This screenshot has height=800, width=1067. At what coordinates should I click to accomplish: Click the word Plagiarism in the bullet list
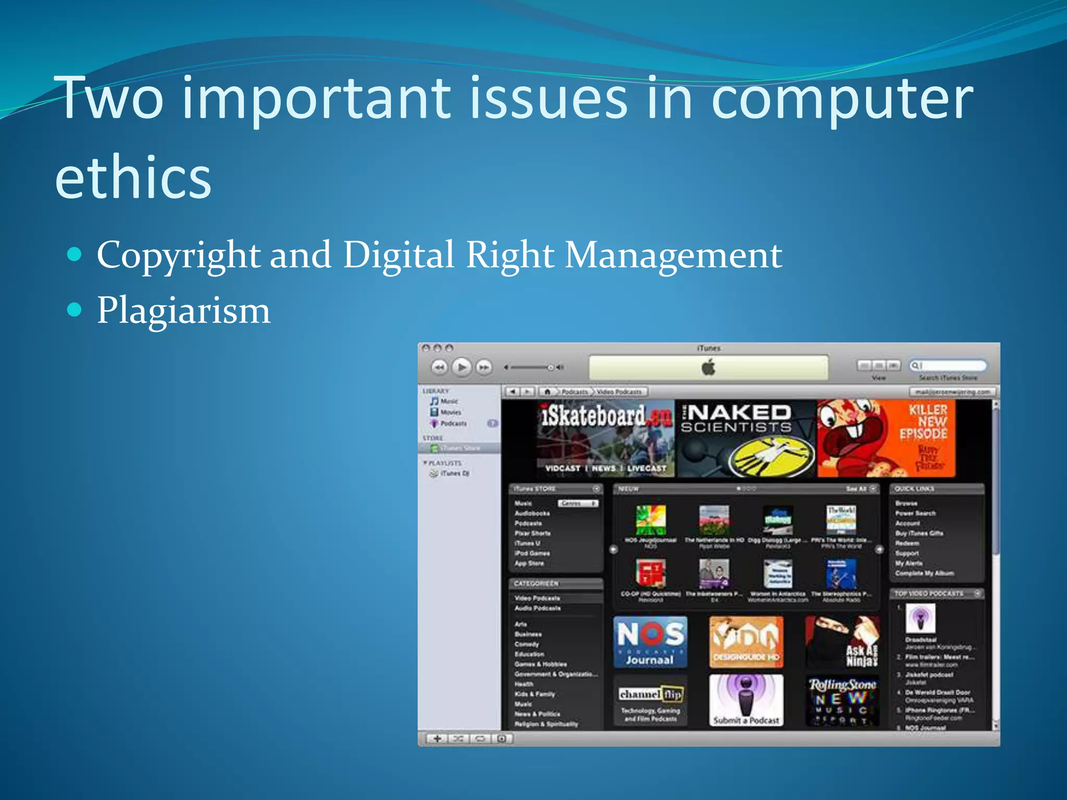point(183,311)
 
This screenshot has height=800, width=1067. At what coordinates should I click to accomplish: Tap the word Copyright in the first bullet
point(178,255)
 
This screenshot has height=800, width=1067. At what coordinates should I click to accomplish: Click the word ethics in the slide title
point(133,177)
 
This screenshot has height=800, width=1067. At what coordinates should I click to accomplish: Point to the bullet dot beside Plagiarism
point(75,310)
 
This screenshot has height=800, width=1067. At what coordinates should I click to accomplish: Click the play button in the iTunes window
point(462,367)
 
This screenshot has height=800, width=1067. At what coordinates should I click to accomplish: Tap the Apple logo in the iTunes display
point(708,368)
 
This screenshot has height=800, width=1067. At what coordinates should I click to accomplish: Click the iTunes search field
point(948,366)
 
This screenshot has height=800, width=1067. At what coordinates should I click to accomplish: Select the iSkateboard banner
point(605,439)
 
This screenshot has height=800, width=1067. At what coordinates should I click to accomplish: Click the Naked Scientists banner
point(746,439)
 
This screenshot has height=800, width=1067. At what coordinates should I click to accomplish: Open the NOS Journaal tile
point(650,642)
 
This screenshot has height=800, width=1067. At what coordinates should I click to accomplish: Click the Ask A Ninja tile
point(842,642)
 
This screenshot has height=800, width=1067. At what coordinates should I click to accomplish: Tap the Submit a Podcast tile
point(746,701)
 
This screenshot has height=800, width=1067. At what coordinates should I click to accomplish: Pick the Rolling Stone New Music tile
point(842,701)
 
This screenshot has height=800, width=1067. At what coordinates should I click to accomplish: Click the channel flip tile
point(650,701)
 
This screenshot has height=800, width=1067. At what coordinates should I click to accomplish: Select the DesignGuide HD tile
point(746,642)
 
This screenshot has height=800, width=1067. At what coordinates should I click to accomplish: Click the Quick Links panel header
point(936,489)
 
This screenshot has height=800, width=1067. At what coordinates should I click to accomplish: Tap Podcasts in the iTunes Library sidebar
point(453,423)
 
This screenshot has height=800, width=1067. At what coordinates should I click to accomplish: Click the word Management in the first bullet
point(673,255)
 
